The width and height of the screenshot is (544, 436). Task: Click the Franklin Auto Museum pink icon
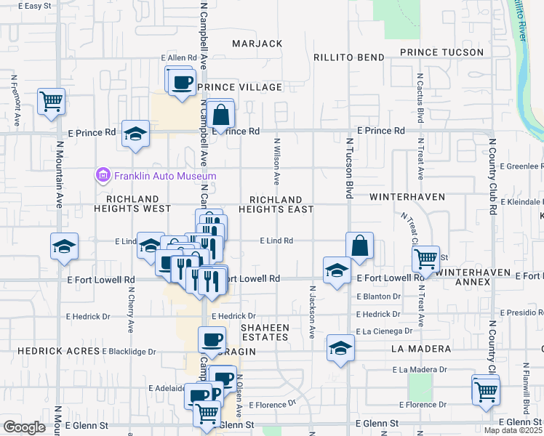103,176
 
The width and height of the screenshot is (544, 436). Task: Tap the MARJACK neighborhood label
257,44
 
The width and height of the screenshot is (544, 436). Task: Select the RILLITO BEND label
348,57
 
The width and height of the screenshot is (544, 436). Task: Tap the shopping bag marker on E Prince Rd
221,115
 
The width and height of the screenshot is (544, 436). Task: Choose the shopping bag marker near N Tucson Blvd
360,246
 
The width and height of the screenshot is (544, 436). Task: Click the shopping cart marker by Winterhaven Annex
425,257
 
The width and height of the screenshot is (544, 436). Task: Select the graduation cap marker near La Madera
340,348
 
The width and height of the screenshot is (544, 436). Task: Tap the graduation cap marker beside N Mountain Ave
64,246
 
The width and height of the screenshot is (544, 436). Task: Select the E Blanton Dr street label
379,296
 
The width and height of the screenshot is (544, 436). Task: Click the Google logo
24,427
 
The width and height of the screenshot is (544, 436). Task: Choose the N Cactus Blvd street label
420,91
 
